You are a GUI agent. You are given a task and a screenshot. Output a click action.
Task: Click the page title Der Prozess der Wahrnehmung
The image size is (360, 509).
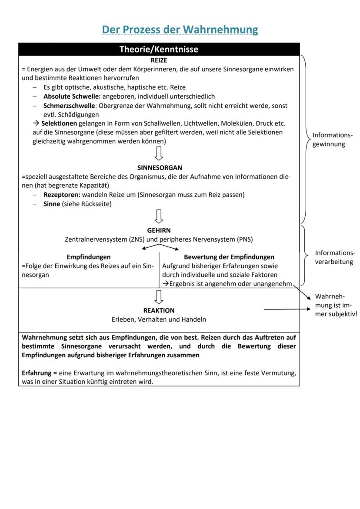(180, 30)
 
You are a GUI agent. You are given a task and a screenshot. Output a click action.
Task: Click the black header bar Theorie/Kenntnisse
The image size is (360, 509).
(159, 49)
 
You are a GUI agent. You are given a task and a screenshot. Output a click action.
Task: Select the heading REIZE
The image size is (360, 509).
(159, 60)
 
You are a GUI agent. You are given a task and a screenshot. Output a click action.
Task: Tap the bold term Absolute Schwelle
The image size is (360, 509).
(72, 96)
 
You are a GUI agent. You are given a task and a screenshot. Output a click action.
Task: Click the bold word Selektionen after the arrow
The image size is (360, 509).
(59, 123)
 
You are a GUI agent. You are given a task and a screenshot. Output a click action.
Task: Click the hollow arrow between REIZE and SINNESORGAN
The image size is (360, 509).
(159, 153)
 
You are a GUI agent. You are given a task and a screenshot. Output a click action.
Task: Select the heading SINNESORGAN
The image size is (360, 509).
(160, 167)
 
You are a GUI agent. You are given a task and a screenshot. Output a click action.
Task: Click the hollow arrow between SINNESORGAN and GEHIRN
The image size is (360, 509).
(159, 216)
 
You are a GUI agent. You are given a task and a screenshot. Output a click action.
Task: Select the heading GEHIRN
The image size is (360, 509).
(159, 230)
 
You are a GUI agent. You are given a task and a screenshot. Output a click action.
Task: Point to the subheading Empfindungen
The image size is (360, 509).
(88, 257)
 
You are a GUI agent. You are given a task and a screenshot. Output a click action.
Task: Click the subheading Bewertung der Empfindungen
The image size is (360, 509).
(229, 257)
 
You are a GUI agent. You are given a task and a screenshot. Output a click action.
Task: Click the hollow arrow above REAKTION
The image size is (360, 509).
(159, 296)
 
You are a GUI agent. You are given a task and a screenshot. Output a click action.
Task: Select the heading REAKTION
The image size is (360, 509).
(159, 310)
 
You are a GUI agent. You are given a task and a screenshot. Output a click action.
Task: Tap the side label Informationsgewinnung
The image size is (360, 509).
(333, 140)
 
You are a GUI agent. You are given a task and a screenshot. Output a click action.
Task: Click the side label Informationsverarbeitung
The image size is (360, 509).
(335, 257)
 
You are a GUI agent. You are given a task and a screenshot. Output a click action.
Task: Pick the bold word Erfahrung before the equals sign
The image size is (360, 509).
(37, 373)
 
